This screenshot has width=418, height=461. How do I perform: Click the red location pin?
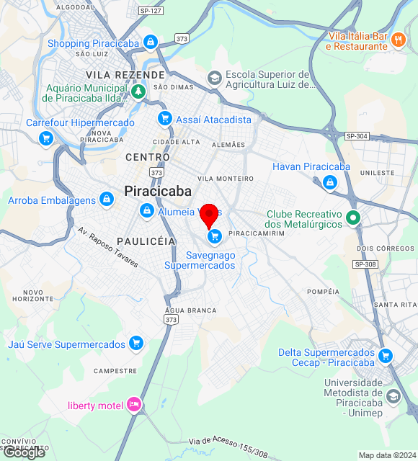[209, 214]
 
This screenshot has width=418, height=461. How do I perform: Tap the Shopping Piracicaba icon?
[150, 43]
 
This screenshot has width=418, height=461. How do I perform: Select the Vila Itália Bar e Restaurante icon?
[400, 42]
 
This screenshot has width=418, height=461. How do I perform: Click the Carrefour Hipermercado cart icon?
[47, 138]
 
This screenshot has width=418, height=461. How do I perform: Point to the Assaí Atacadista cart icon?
[165, 119]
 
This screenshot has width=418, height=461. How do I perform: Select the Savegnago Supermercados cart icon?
[214, 236]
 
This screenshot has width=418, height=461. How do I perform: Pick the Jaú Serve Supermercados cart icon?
[135, 344]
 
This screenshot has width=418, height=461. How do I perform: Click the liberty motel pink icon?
[133, 406]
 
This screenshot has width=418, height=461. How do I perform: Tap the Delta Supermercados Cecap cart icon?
[386, 355]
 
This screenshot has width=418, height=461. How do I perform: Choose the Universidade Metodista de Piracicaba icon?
[393, 396]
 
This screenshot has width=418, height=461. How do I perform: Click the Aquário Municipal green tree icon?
[138, 91]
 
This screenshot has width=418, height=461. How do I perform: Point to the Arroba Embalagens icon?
[107, 199]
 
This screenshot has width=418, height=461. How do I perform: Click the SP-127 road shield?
[151, 12]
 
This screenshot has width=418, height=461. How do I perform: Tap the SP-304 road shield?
[357, 136]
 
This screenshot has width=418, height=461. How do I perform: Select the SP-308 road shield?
[365, 264]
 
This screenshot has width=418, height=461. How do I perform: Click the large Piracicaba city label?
[158, 191]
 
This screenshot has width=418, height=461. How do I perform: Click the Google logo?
[23, 452]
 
